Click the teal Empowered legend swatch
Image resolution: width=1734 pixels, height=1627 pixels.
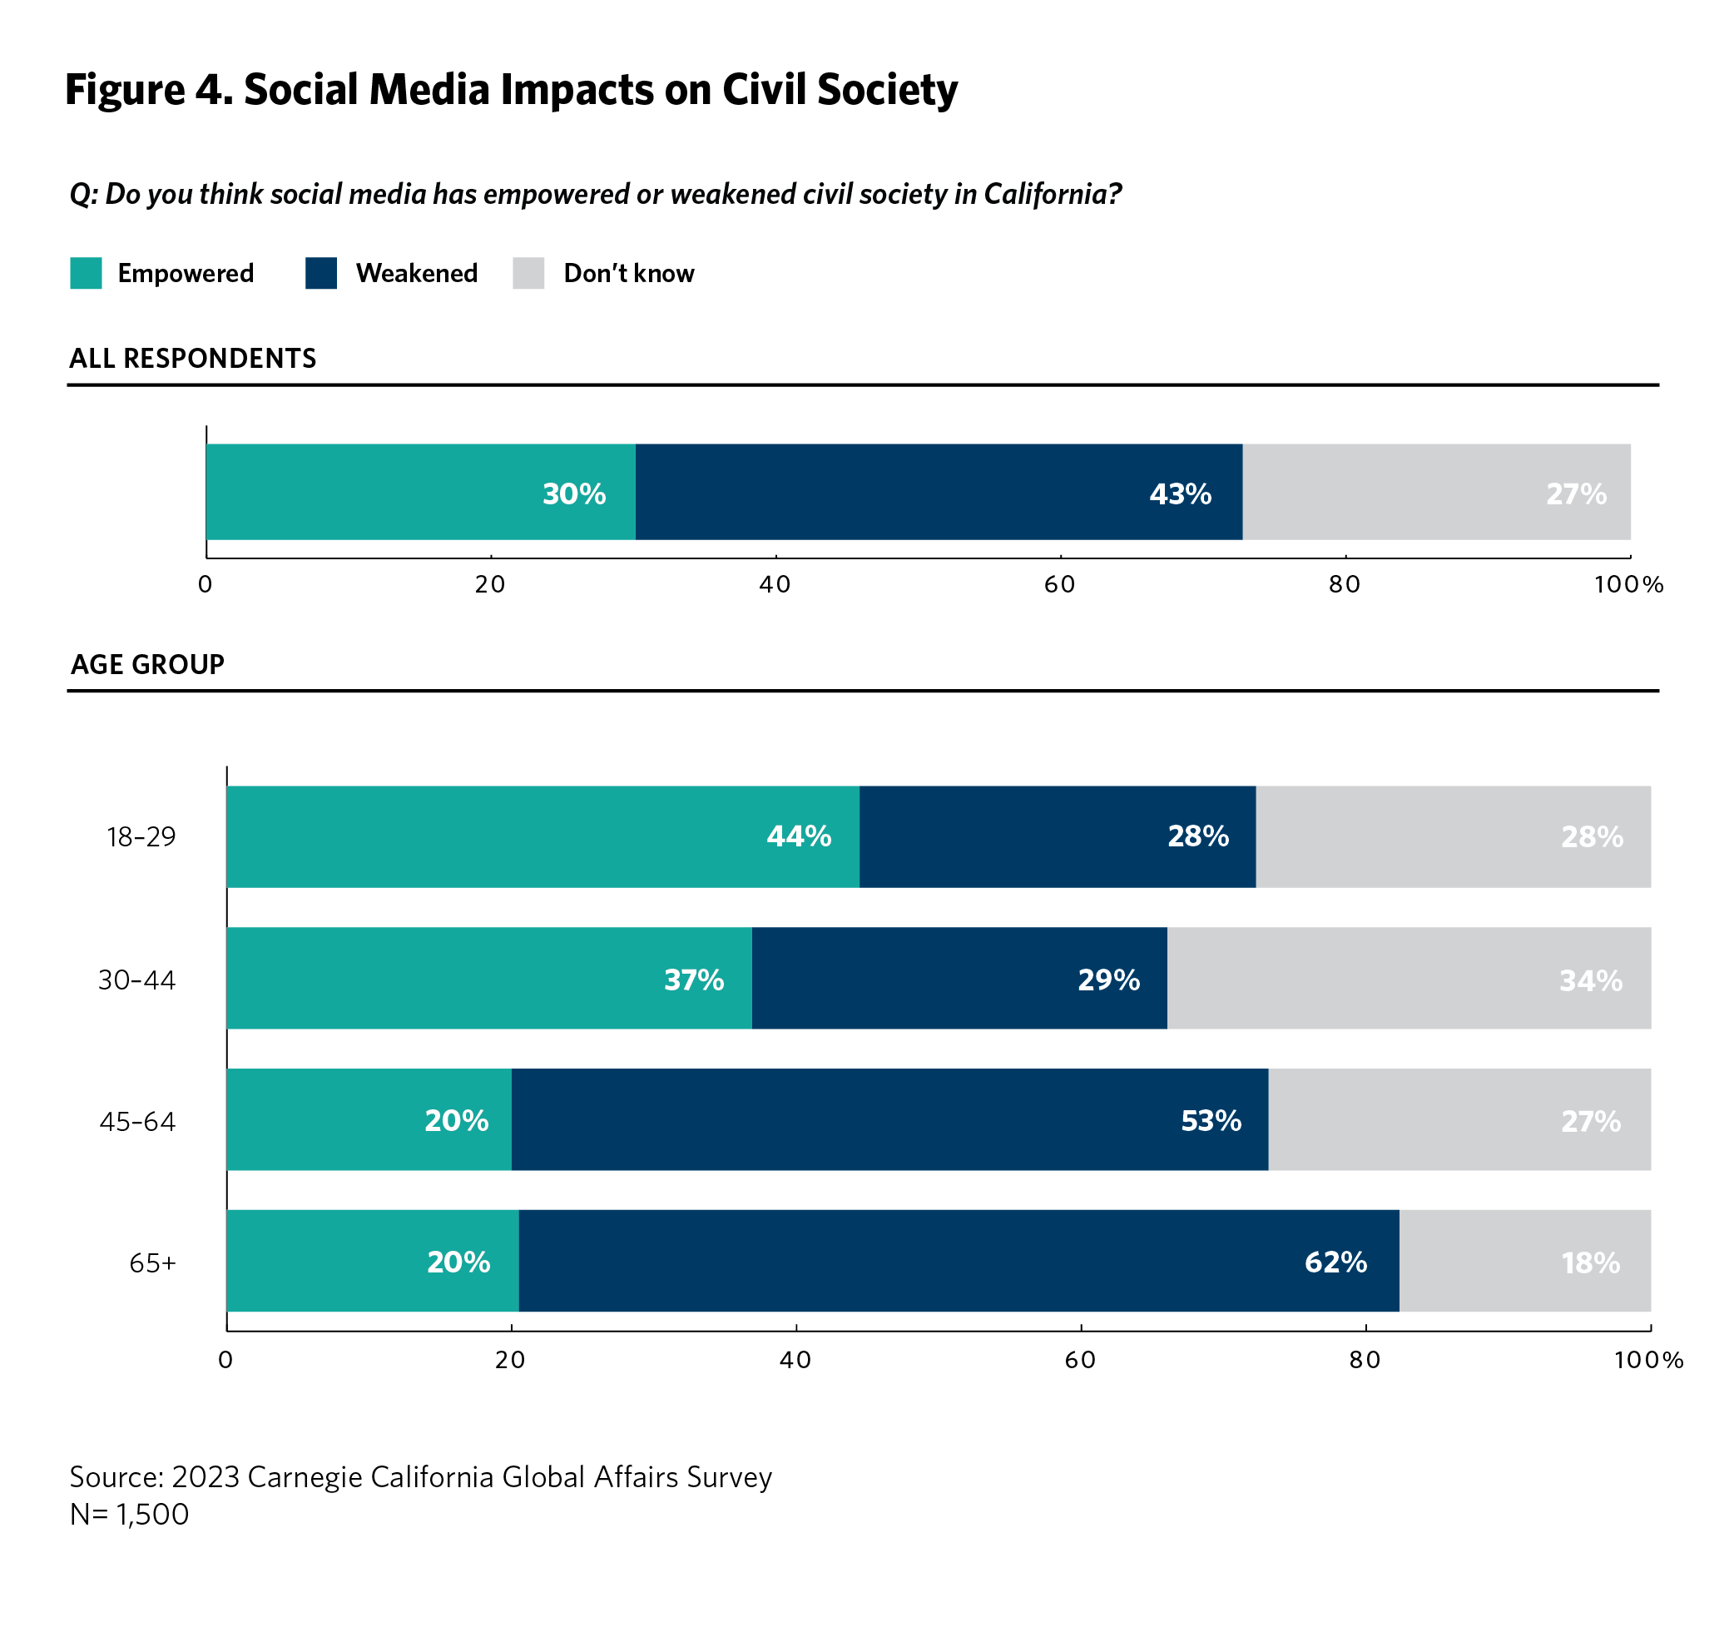click(x=86, y=273)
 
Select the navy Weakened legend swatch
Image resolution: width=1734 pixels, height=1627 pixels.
click(x=321, y=273)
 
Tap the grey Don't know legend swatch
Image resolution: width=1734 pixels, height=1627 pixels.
click(x=528, y=273)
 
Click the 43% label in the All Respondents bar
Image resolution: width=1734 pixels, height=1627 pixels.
click(x=1180, y=494)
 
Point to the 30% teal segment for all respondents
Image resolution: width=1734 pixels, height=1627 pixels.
click(x=420, y=492)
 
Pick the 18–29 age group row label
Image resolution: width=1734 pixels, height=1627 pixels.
click(x=141, y=837)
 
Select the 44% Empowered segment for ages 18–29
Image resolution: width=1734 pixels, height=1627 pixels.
click(x=542, y=836)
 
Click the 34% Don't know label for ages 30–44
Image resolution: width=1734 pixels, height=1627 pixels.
click(x=1591, y=980)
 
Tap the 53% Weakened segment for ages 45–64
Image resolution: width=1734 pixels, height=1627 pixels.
click(x=889, y=1119)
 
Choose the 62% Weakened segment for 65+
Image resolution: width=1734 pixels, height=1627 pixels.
click(x=959, y=1261)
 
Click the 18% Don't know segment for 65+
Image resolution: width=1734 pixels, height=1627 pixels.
click(x=1524, y=1261)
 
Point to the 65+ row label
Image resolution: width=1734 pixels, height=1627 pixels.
click(x=152, y=1263)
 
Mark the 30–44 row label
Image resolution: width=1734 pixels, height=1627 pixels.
click(x=137, y=980)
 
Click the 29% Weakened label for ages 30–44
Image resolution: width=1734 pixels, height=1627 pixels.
click(x=1108, y=980)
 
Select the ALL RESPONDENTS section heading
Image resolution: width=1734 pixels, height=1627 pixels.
click(x=193, y=359)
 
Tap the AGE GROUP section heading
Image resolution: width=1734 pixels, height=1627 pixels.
click(x=147, y=665)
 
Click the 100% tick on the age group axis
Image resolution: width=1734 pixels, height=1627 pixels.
click(x=1648, y=1360)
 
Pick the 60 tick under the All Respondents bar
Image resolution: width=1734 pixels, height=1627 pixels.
click(x=1060, y=584)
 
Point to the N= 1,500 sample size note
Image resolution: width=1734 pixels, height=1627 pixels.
click(x=129, y=1515)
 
